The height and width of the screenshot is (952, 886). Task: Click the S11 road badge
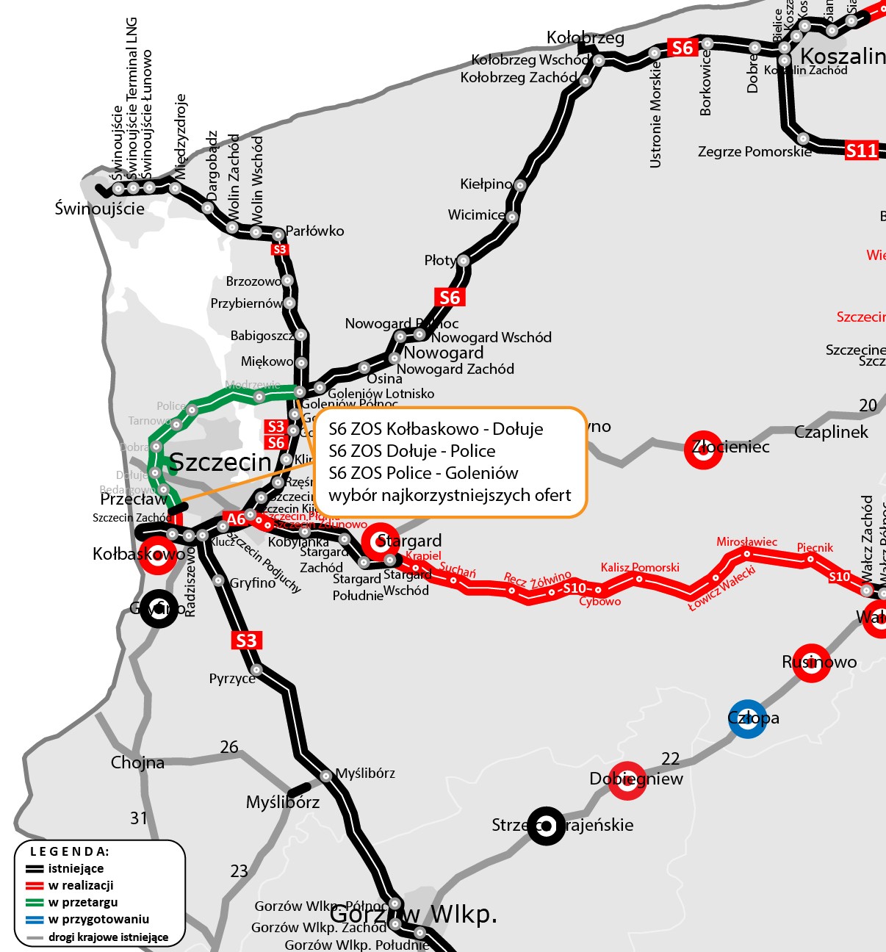tap(861, 151)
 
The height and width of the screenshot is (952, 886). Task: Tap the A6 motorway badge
tap(235, 519)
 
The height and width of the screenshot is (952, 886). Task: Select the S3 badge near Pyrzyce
tap(246, 641)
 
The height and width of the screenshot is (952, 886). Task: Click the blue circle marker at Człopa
tap(747, 718)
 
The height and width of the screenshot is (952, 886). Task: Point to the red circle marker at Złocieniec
tap(703, 450)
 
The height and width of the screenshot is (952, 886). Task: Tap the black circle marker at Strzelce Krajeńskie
tap(546, 826)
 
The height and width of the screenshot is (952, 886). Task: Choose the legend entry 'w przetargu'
tap(82, 902)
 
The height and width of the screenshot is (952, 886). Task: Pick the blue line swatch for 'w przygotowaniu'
tap(35, 919)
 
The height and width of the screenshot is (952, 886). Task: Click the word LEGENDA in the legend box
tap(69, 851)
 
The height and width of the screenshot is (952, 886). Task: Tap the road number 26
tap(229, 747)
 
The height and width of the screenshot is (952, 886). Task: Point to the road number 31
tap(139, 818)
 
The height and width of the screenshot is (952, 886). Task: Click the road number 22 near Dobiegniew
tap(670, 758)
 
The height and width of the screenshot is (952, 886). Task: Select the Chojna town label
tap(137, 762)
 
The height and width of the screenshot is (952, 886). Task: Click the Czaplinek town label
tap(831, 432)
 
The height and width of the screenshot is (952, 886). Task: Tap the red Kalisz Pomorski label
tap(640, 567)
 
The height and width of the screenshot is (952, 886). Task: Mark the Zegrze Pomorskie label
tap(754, 152)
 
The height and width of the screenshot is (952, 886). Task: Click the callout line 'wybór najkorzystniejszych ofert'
tap(450, 495)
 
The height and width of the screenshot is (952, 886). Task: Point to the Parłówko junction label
tap(314, 231)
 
